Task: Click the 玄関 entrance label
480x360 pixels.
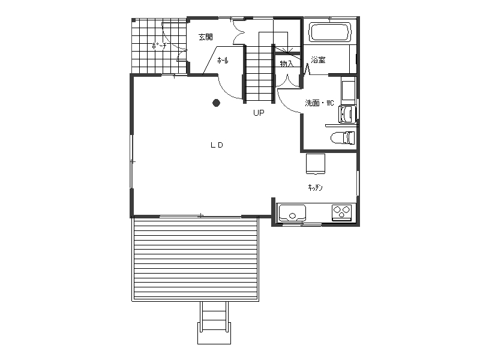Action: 206,37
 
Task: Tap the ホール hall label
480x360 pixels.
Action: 223,61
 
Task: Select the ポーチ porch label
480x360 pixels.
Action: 159,46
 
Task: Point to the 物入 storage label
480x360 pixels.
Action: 287,64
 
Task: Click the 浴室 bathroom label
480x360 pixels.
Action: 318,59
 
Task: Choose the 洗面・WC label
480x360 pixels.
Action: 319,103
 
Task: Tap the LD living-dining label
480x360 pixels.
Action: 217,145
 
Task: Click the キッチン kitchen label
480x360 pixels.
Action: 316,187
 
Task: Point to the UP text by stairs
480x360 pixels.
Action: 259,113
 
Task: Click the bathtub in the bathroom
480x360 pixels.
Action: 329,32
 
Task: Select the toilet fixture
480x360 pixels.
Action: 343,138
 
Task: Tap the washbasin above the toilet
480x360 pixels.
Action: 347,114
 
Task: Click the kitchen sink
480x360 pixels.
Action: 292,213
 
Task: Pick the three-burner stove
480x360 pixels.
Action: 341,212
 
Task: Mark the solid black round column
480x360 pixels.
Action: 217,103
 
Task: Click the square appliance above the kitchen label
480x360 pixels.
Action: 316,164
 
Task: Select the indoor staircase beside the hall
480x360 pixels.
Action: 259,73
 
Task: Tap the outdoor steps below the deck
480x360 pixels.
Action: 214,323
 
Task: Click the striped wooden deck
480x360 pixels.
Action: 196,259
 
